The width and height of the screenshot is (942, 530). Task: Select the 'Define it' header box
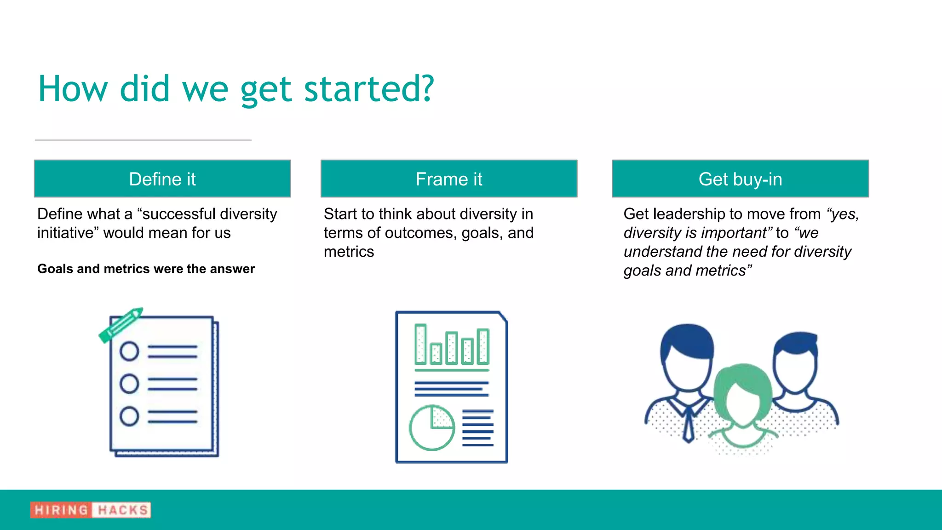pyautogui.click(x=162, y=179)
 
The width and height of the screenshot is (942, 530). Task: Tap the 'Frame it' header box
pyautogui.click(x=449, y=179)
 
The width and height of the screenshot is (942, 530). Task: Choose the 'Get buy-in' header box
pyautogui.click(x=740, y=179)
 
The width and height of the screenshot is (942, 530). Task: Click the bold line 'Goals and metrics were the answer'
pyautogui.click(x=146, y=269)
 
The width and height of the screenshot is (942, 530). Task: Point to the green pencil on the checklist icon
pyautogui.click(x=121, y=325)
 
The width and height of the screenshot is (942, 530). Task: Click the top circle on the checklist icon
pyautogui.click(x=129, y=351)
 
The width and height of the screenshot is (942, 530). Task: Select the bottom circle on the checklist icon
pyautogui.click(x=129, y=416)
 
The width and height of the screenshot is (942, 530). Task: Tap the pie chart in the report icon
pyautogui.click(x=431, y=428)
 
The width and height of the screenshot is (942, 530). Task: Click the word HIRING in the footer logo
pyautogui.click(x=61, y=510)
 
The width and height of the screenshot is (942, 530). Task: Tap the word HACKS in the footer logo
pyautogui.click(x=122, y=510)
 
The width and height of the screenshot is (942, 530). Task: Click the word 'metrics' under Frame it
pyautogui.click(x=349, y=252)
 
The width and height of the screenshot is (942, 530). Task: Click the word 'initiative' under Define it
pyautogui.click(x=68, y=233)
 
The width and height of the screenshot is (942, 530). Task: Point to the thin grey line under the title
pyautogui.click(x=143, y=140)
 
